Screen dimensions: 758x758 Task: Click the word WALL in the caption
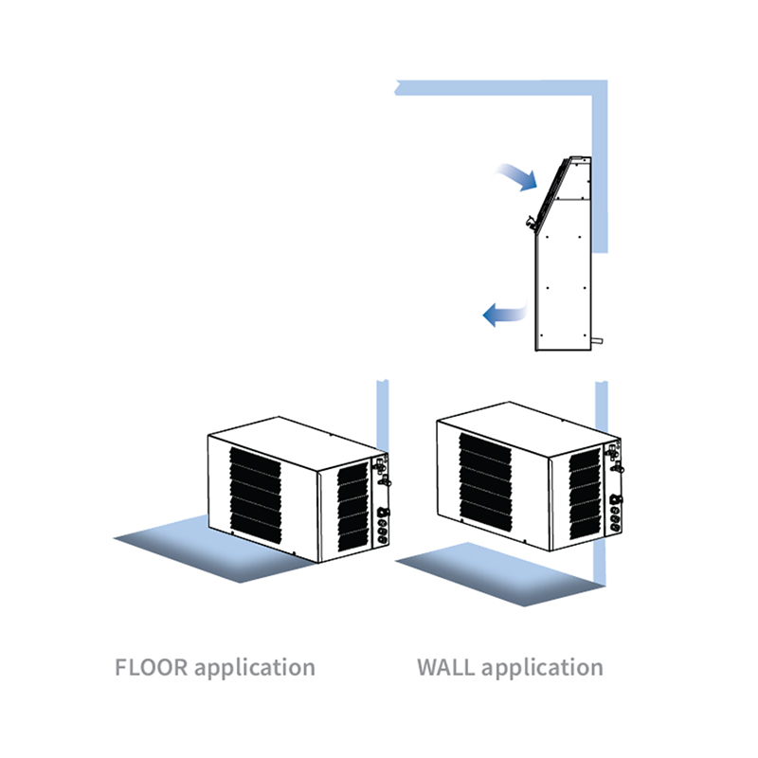click(445, 667)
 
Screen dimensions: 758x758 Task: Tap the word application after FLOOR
click(254, 668)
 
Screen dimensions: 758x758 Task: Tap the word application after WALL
click(541, 668)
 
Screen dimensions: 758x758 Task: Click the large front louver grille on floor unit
click(255, 498)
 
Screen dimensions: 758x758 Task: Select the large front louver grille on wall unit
click(485, 483)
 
